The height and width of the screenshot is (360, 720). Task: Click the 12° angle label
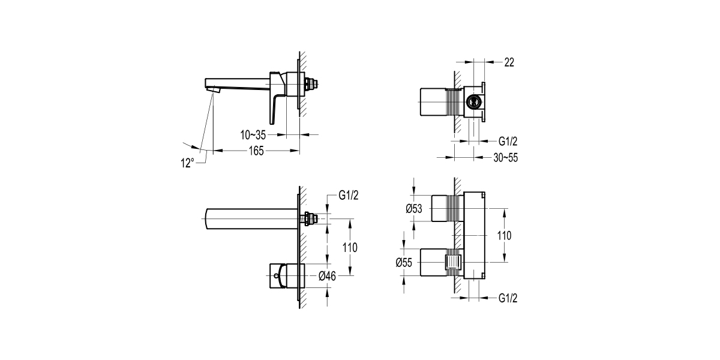click(x=188, y=162)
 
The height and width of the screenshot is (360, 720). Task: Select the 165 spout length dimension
click(x=256, y=151)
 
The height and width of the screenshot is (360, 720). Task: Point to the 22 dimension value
click(x=509, y=62)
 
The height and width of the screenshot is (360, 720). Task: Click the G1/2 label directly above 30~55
click(x=508, y=142)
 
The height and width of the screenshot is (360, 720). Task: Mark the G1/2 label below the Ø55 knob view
click(x=508, y=298)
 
